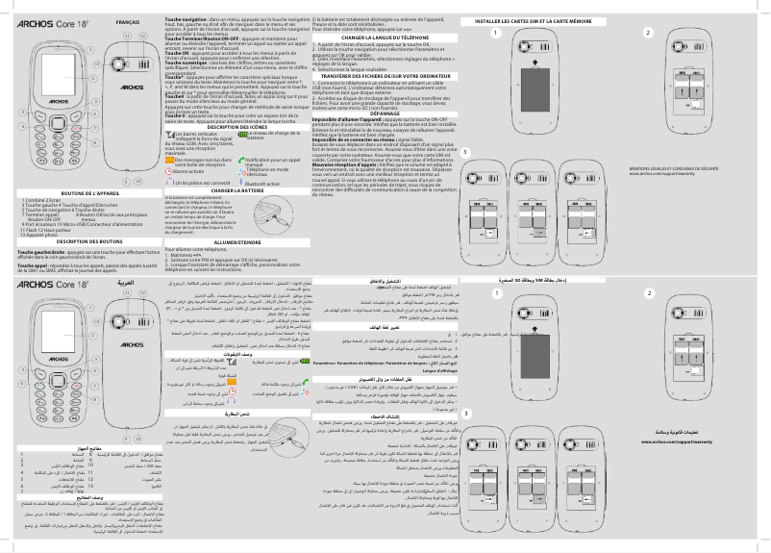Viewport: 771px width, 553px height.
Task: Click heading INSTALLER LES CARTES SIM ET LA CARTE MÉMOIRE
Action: [x=538, y=21]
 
